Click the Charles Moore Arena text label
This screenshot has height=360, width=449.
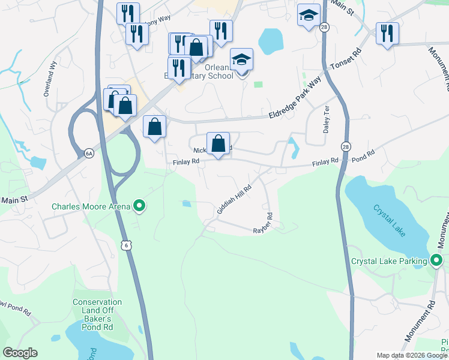click(91, 207)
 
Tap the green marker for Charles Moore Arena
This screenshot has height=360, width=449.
click(140, 206)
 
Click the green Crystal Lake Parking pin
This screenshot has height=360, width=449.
click(436, 260)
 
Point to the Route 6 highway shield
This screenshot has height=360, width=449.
click(125, 245)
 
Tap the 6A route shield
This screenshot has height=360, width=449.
click(89, 154)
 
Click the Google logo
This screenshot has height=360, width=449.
click(20, 353)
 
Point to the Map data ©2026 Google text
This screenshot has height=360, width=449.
click(412, 355)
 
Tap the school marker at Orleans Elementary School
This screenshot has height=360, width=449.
click(241, 61)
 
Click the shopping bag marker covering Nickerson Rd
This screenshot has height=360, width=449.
click(218, 145)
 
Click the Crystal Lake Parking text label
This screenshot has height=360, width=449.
click(389, 261)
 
